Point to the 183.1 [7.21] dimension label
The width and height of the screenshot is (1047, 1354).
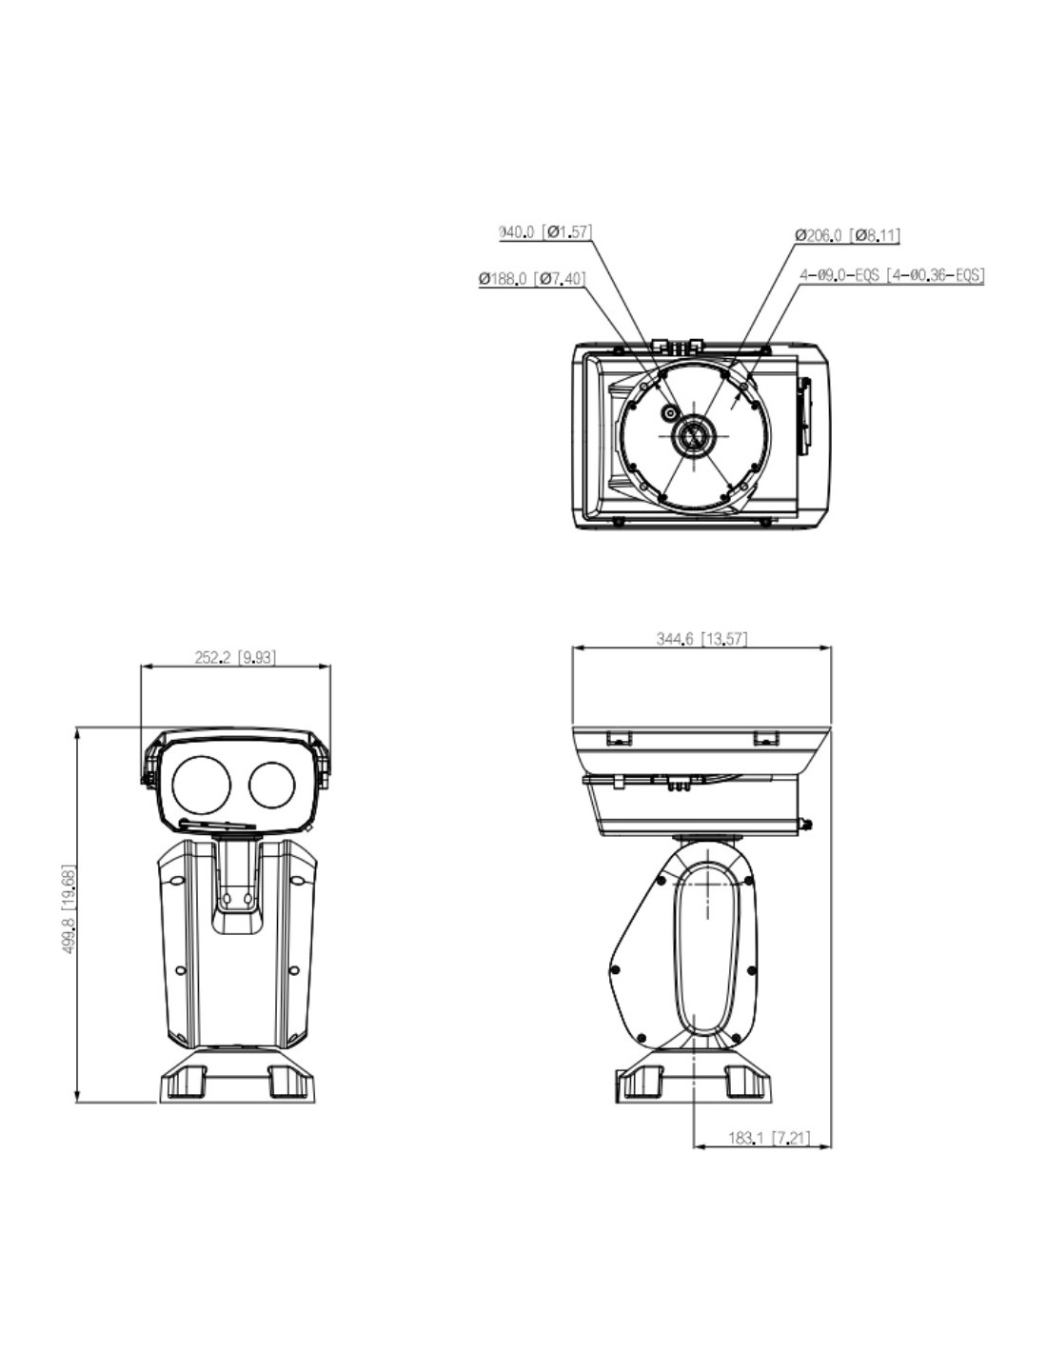(770, 1138)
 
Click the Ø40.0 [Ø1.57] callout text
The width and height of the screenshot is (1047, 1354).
(545, 231)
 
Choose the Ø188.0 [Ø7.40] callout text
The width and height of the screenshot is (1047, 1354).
(532, 279)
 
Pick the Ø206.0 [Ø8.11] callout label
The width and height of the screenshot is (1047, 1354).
(848, 235)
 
